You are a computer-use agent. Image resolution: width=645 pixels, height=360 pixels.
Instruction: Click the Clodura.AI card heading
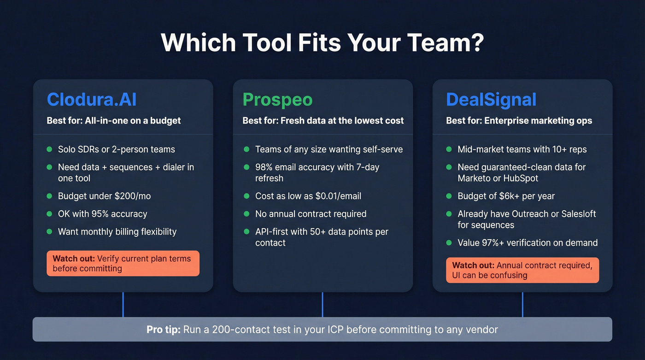[91, 100]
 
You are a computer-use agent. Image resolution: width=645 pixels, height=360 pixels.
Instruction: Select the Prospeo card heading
[277, 100]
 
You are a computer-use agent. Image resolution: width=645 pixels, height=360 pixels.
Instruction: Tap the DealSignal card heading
[491, 100]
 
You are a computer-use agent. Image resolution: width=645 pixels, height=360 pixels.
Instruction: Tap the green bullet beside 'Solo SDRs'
[49, 149]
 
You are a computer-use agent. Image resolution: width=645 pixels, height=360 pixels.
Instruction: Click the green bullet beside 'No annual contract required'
[246, 214]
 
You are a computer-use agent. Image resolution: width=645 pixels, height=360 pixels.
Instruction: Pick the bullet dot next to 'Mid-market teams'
[449, 149]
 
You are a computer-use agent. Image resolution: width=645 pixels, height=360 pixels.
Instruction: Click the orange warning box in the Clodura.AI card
[123, 263]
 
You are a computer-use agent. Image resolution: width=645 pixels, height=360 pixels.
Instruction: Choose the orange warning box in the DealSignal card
[522, 270]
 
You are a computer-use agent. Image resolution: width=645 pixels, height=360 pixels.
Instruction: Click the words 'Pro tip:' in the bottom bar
[163, 330]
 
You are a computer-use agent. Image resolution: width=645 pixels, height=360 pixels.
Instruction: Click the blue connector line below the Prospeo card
[322, 304]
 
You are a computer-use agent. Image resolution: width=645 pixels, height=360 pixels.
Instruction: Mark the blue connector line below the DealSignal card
[522, 304]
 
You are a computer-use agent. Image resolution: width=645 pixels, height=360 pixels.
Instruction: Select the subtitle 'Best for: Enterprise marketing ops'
[519, 121]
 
